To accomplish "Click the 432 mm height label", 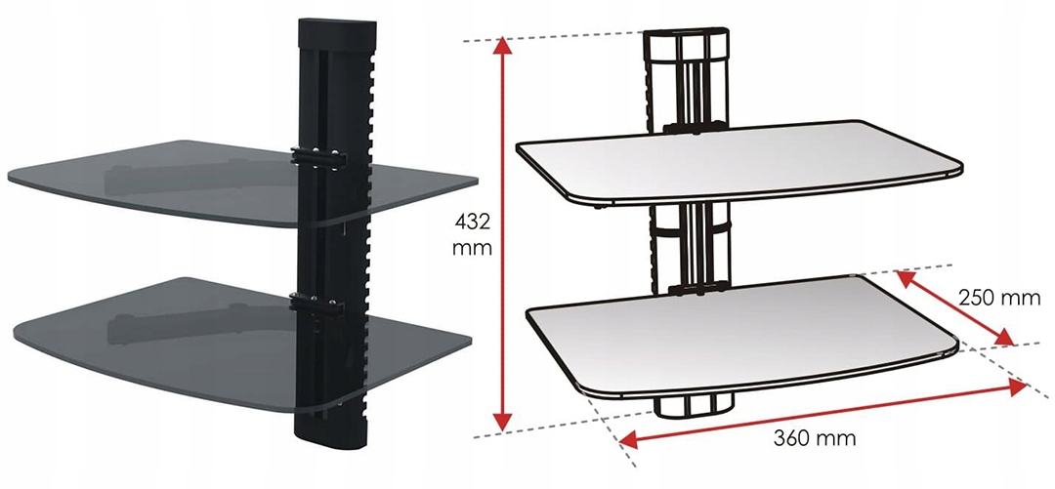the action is coord(472,234).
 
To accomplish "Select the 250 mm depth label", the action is coord(999,298).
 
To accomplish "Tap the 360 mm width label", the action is coord(814,438).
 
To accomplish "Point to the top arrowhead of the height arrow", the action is coord(502,46).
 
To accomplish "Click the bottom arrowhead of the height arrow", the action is coord(502,422).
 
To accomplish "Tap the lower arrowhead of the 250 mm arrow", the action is coord(1004,338).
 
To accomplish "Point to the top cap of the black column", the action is coord(336,32).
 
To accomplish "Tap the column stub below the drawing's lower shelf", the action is coord(693,405).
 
